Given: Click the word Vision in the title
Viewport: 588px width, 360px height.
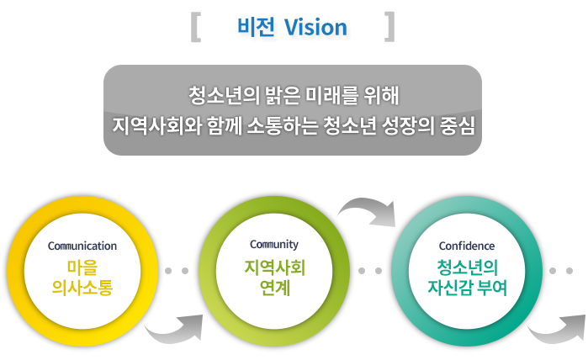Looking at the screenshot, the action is point(315,28).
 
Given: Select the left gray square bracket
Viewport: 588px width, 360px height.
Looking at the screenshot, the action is point(196,27).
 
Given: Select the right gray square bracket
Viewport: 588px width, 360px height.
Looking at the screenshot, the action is point(389,27).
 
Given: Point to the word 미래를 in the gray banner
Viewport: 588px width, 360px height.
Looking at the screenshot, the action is point(326,95).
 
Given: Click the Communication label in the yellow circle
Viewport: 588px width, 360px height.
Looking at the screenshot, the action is point(82,246).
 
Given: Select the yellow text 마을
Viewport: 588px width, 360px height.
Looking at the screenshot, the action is point(82,267).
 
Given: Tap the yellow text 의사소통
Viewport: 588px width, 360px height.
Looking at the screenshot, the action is point(82,288).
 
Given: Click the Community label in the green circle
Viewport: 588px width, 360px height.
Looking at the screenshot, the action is point(274,245).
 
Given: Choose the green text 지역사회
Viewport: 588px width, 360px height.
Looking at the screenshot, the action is point(274,267).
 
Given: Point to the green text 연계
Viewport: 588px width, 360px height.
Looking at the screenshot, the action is point(275,288).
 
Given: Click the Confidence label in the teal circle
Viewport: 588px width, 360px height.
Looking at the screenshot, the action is point(467,246).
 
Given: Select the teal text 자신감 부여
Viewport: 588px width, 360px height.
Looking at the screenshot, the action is point(467,288).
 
